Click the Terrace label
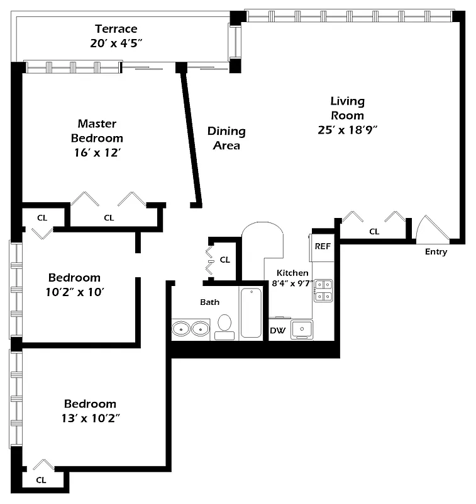point(116,29)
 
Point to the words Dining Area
point(226,138)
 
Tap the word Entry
point(436,252)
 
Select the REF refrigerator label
point(323,246)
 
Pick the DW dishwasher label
point(277,331)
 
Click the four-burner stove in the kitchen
point(323,290)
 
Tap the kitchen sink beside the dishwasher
point(301,329)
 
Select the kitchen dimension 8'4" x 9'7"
point(292,283)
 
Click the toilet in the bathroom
point(224,325)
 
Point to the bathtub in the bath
point(250,312)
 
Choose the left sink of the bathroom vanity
point(181,328)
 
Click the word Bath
point(209,302)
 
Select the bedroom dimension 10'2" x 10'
point(74,292)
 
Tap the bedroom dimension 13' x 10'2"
point(91,418)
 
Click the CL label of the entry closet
point(374,232)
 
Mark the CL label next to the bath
point(224,260)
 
